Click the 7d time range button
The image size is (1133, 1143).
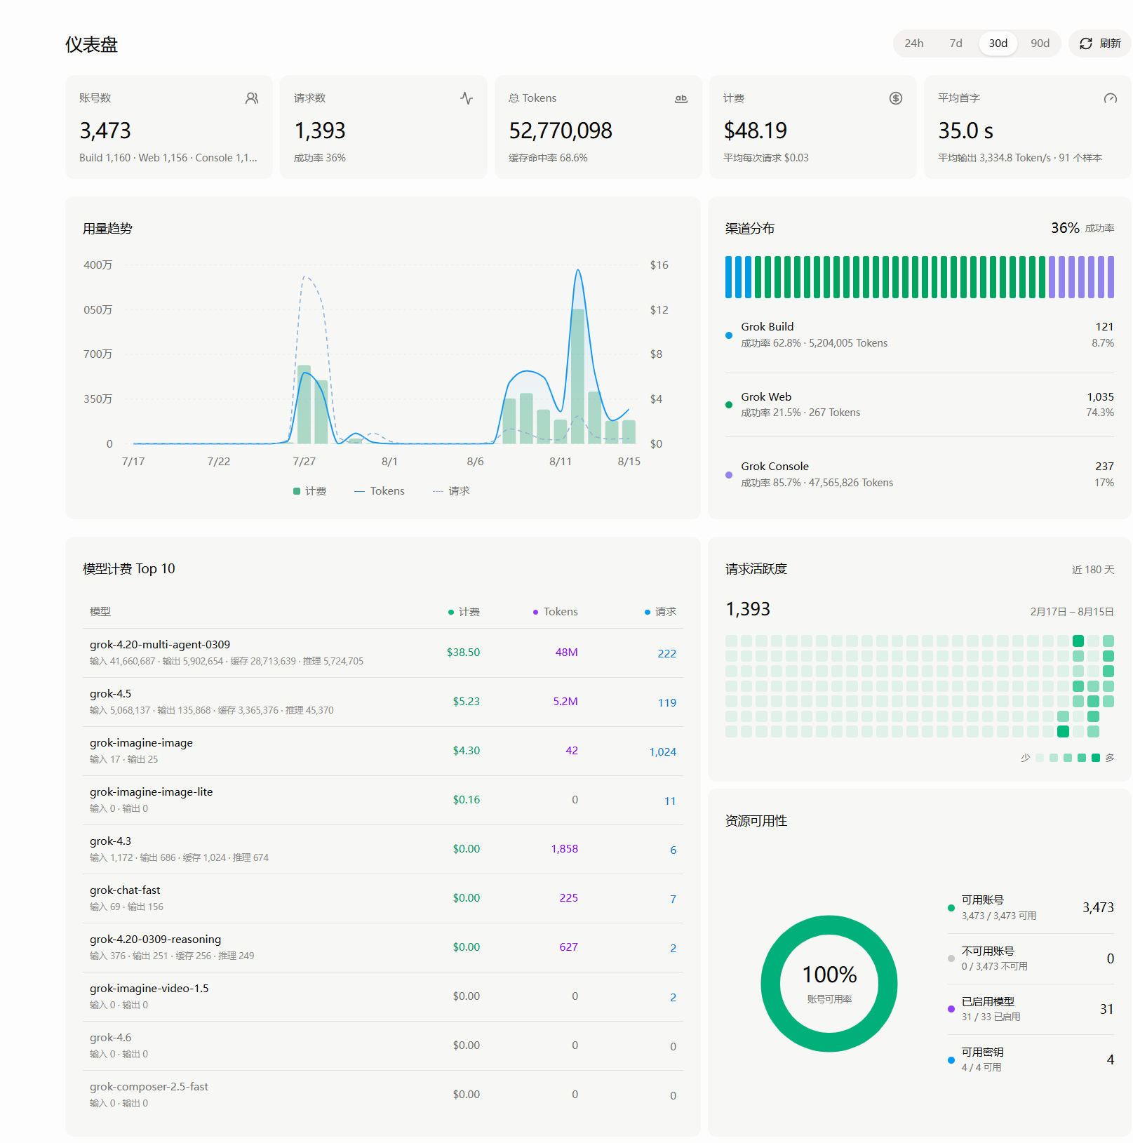pyautogui.click(x=956, y=44)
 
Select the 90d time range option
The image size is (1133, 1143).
pyautogui.click(x=1040, y=44)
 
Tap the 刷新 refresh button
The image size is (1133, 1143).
pyautogui.click(x=1100, y=44)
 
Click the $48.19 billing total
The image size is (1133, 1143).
pyautogui.click(x=755, y=131)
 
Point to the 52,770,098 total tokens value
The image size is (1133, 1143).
pyautogui.click(x=561, y=131)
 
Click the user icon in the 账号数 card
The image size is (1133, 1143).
pyautogui.click(x=252, y=98)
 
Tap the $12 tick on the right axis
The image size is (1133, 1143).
pyautogui.click(x=659, y=309)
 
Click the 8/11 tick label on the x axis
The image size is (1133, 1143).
pyautogui.click(x=561, y=461)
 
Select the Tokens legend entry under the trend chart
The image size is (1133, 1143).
pyautogui.click(x=380, y=490)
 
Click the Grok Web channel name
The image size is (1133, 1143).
pyautogui.click(x=766, y=396)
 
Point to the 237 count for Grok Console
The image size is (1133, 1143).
pyautogui.click(x=1104, y=466)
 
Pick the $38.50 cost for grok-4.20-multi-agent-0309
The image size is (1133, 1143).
pyautogui.click(x=463, y=652)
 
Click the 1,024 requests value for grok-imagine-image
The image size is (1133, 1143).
pyautogui.click(x=662, y=751)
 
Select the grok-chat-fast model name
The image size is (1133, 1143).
pyautogui.click(x=125, y=890)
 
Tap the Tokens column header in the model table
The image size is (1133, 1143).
pyautogui.click(x=561, y=611)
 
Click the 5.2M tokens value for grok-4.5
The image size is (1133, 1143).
pyautogui.click(x=565, y=701)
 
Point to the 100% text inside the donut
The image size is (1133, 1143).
pyautogui.click(x=829, y=974)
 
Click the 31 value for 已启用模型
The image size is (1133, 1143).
pyautogui.click(x=1106, y=1009)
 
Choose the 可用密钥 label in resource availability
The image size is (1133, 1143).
pyautogui.click(x=982, y=1052)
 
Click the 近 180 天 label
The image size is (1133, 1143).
pyautogui.click(x=1093, y=569)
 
